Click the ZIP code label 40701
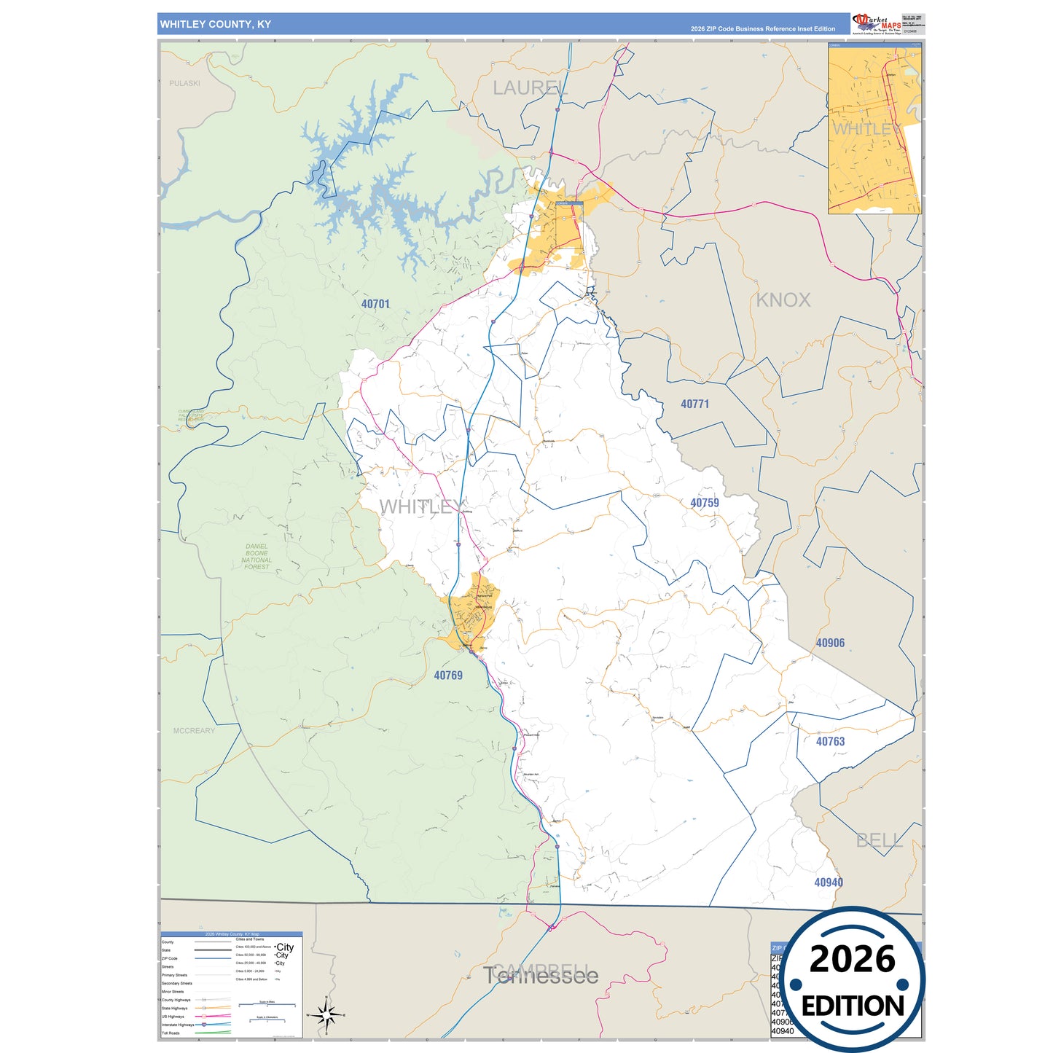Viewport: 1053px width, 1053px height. [375, 304]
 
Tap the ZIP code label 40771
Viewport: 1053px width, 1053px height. [694, 404]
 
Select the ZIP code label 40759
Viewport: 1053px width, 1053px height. [704, 503]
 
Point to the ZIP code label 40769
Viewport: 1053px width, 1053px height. [448, 676]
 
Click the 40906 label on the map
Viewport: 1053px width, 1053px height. [830, 643]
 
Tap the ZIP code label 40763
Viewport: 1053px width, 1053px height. [830, 742]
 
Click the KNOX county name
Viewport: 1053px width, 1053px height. [783, 300]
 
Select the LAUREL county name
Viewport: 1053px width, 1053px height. [530, 88]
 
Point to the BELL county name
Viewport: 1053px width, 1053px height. [879, 841]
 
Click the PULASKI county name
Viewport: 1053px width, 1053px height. [184, 83]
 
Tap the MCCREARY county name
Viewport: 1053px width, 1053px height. [194, 730]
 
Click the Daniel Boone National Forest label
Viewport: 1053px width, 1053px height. [257, 557]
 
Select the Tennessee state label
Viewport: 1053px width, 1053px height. [541, 976]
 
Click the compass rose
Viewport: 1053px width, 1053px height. [326, 1014]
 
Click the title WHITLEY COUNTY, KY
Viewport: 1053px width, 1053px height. [216, 24]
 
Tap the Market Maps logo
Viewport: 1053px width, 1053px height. [876, 23]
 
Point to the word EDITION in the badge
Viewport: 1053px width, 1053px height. [853, 1006]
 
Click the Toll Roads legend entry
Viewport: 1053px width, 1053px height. [171, 1033]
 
